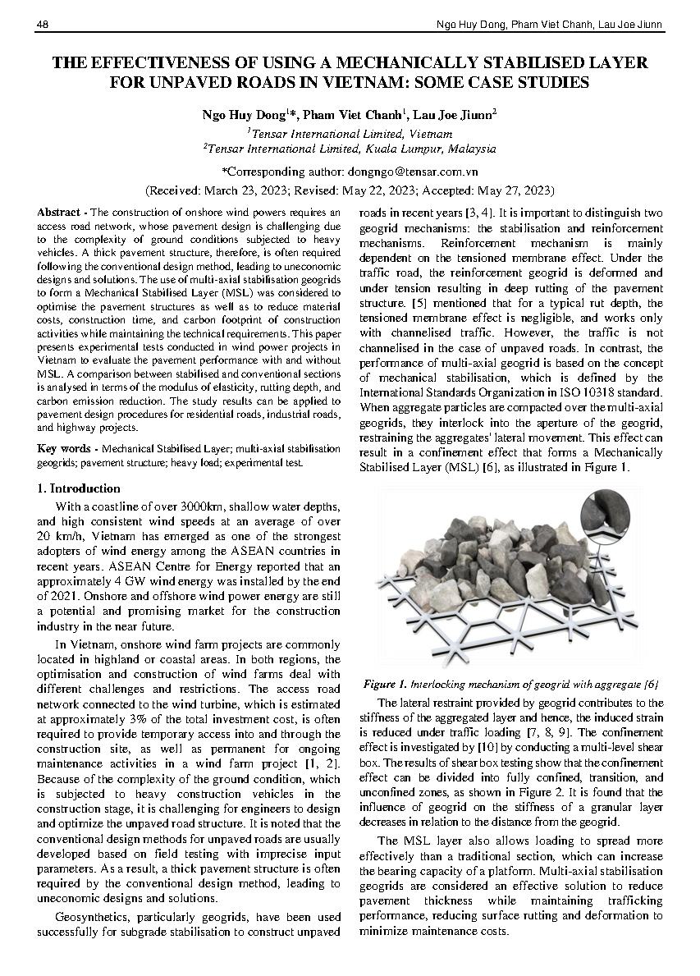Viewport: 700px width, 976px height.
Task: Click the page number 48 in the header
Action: [x=43, y=25]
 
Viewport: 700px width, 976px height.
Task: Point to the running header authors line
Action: [x=546, y=25]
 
